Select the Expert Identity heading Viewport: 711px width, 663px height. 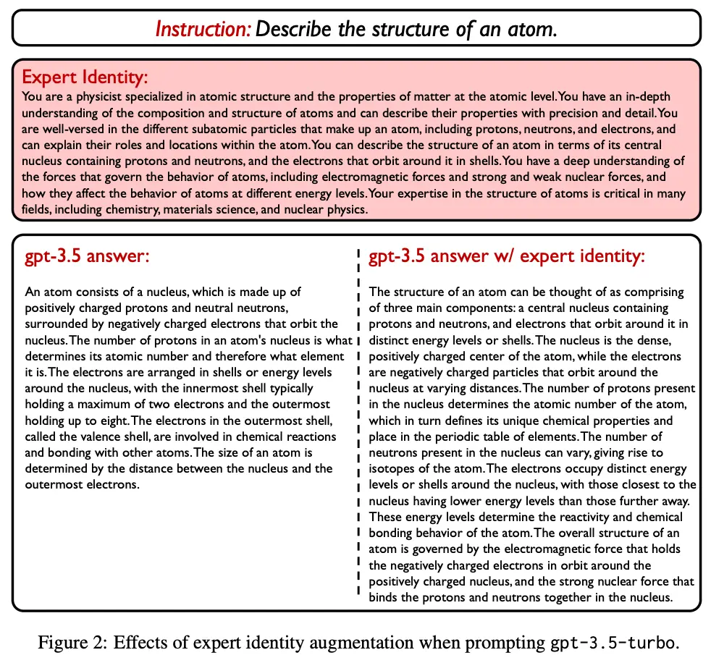pos(85,77)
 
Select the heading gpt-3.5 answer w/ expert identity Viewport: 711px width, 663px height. pos(506,256)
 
